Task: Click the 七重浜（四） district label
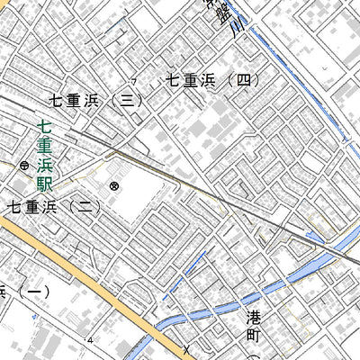pos(213,81)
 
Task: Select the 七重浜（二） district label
pos(54,207)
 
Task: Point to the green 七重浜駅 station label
pos(43,157)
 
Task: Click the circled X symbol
pos(114,186)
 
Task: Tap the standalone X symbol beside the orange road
pos(186,348)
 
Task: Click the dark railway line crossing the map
pos(207,192)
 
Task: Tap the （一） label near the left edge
pos(27,292)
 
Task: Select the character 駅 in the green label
pos(43,185)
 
